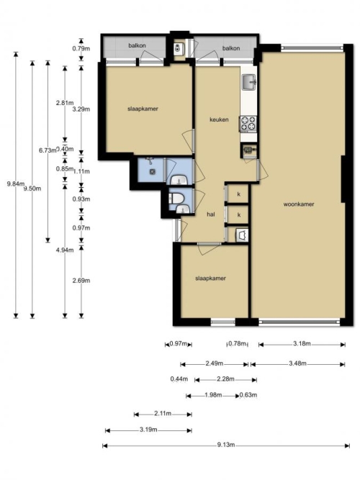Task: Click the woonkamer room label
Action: click(x=298, y=204)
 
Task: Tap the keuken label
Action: click(x=219, y=119)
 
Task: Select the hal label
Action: click(x=210, y=214)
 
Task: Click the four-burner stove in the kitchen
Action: click(x=248, y=123)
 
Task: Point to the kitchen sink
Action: click(x=249, y=82)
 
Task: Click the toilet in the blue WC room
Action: click(x=177, y=199)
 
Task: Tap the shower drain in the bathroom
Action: click(x=152, y=172)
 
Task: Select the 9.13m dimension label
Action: click(x=226, y=445)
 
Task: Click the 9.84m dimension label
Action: click(x=16, y=184)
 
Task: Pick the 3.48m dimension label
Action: click(x=297, y=363)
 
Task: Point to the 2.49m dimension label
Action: click(x=214, y=363)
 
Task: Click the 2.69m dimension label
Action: click(x=81, y=281)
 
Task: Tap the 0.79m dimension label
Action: click(x=81, y=48)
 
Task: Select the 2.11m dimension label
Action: click(x=163, y=414)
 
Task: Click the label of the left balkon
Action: click(x=137, y=45)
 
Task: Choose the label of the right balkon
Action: click(x=231, y=48)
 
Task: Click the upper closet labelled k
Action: click(x=238, y=194)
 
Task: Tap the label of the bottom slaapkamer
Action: click(x=210, y=279)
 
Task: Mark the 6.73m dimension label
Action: click(x=48, y=150)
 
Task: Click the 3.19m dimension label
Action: click(x=148, y=430)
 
